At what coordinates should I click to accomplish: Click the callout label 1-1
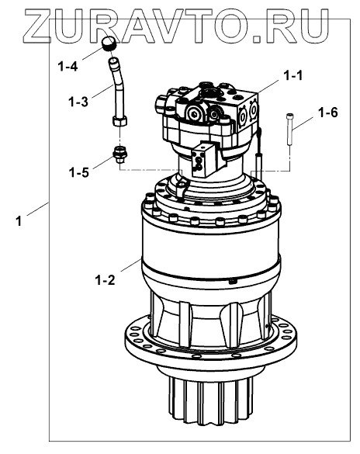point(292,75)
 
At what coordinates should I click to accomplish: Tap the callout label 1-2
point(105,280)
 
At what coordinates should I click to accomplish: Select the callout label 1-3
point(78,102)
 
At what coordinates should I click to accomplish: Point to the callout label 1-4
point(68,67)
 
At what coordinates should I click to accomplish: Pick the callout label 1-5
point(78,172)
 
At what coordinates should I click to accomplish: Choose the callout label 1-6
point(327,113)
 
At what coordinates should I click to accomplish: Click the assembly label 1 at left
point(19,221)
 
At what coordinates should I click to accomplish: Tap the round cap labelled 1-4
point(108,43)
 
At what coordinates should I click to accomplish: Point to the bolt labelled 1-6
point(289,129)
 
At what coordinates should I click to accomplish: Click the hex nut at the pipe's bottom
point(119,121)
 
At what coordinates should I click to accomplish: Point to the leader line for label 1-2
point(131,265)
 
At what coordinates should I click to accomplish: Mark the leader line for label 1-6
point(303,123)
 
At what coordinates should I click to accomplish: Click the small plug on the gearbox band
point(233,281)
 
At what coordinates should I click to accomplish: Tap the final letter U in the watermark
point(313,26)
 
